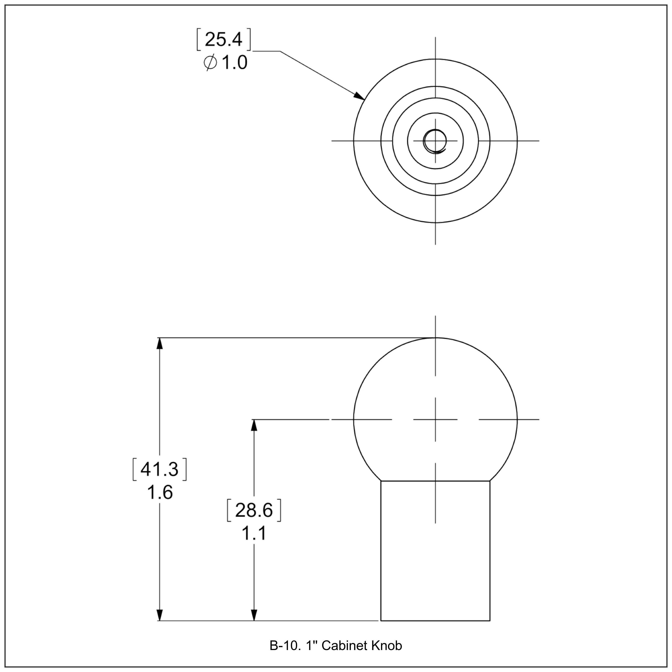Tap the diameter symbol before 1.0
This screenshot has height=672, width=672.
point(210,63)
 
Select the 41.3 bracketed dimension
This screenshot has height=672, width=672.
point(160,470)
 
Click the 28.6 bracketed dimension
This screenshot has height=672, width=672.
point(254,511)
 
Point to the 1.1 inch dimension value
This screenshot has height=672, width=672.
point(254,533)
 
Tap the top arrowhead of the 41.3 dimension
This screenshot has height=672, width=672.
point(160,343)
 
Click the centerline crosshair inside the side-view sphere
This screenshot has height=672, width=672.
point(435,420)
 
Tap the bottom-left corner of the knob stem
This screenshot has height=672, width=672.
point(381,620)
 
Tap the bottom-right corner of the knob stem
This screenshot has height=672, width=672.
point(490,620)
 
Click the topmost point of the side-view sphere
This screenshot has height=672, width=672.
point(435,338)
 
